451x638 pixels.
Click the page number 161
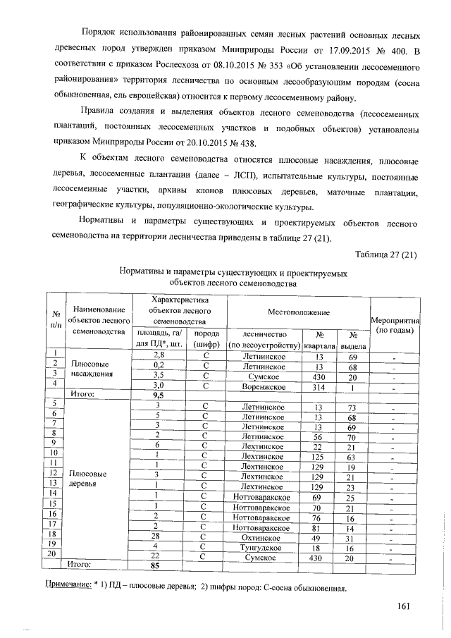(x=404, y=606)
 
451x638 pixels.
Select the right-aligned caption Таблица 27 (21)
(x=386, y=254)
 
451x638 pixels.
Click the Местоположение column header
(x=297, y=311)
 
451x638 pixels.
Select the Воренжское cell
(x=262, y=386)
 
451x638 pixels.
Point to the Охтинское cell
(x=262, y=538)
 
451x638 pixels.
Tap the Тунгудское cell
(x=262, y=548)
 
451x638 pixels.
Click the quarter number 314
(x=319, y=386)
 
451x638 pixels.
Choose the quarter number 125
(x=319, y=457)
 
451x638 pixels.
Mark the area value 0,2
(x=159, y=365)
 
